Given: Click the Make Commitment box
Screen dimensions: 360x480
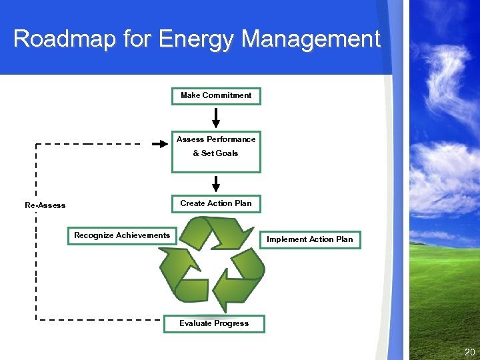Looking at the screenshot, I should click(216, 96).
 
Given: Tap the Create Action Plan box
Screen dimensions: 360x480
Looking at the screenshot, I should click(216, 203).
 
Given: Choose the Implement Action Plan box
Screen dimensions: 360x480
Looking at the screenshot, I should click(310, 239).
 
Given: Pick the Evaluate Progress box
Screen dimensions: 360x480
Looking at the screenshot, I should click(214, 323).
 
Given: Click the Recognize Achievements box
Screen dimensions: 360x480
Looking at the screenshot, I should click(122, 235).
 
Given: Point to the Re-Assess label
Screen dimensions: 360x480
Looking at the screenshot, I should click(45, 205).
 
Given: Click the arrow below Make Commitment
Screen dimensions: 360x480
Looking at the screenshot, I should click(216, 117).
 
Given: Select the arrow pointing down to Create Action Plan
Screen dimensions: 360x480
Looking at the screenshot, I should click(216, 183).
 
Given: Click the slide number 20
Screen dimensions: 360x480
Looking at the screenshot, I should click(469, 351).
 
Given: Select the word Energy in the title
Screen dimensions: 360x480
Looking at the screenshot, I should click(197, 39).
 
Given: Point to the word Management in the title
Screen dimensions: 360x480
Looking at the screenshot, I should click(311, 39).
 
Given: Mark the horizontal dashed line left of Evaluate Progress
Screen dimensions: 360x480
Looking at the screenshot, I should click(100, 320).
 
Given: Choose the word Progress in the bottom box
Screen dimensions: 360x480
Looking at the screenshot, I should click(231, 323).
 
